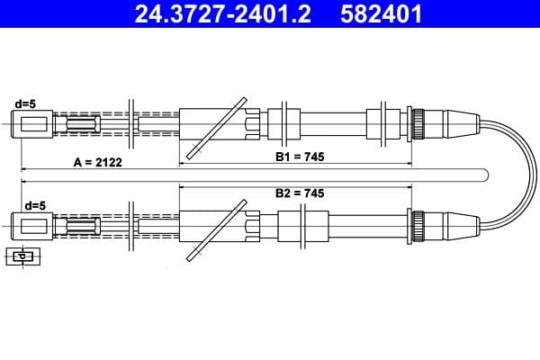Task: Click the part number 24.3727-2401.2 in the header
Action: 223,14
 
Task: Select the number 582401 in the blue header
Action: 381,14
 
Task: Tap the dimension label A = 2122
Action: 97,162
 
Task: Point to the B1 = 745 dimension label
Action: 300,157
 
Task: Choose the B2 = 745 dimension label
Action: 300,193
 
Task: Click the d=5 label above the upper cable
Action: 25,103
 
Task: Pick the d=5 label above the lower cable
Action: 35,206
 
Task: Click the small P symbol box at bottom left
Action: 23,256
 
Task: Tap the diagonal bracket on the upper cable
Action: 217,128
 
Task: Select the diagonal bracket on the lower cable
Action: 217,230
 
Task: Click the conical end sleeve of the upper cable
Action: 462,123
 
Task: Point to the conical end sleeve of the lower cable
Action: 462,226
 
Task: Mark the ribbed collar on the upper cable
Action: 418,123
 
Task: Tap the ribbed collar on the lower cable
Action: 418,226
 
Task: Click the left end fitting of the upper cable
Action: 32,124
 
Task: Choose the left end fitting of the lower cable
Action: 32,226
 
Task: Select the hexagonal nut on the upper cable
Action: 253,123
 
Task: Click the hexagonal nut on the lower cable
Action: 253,226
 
